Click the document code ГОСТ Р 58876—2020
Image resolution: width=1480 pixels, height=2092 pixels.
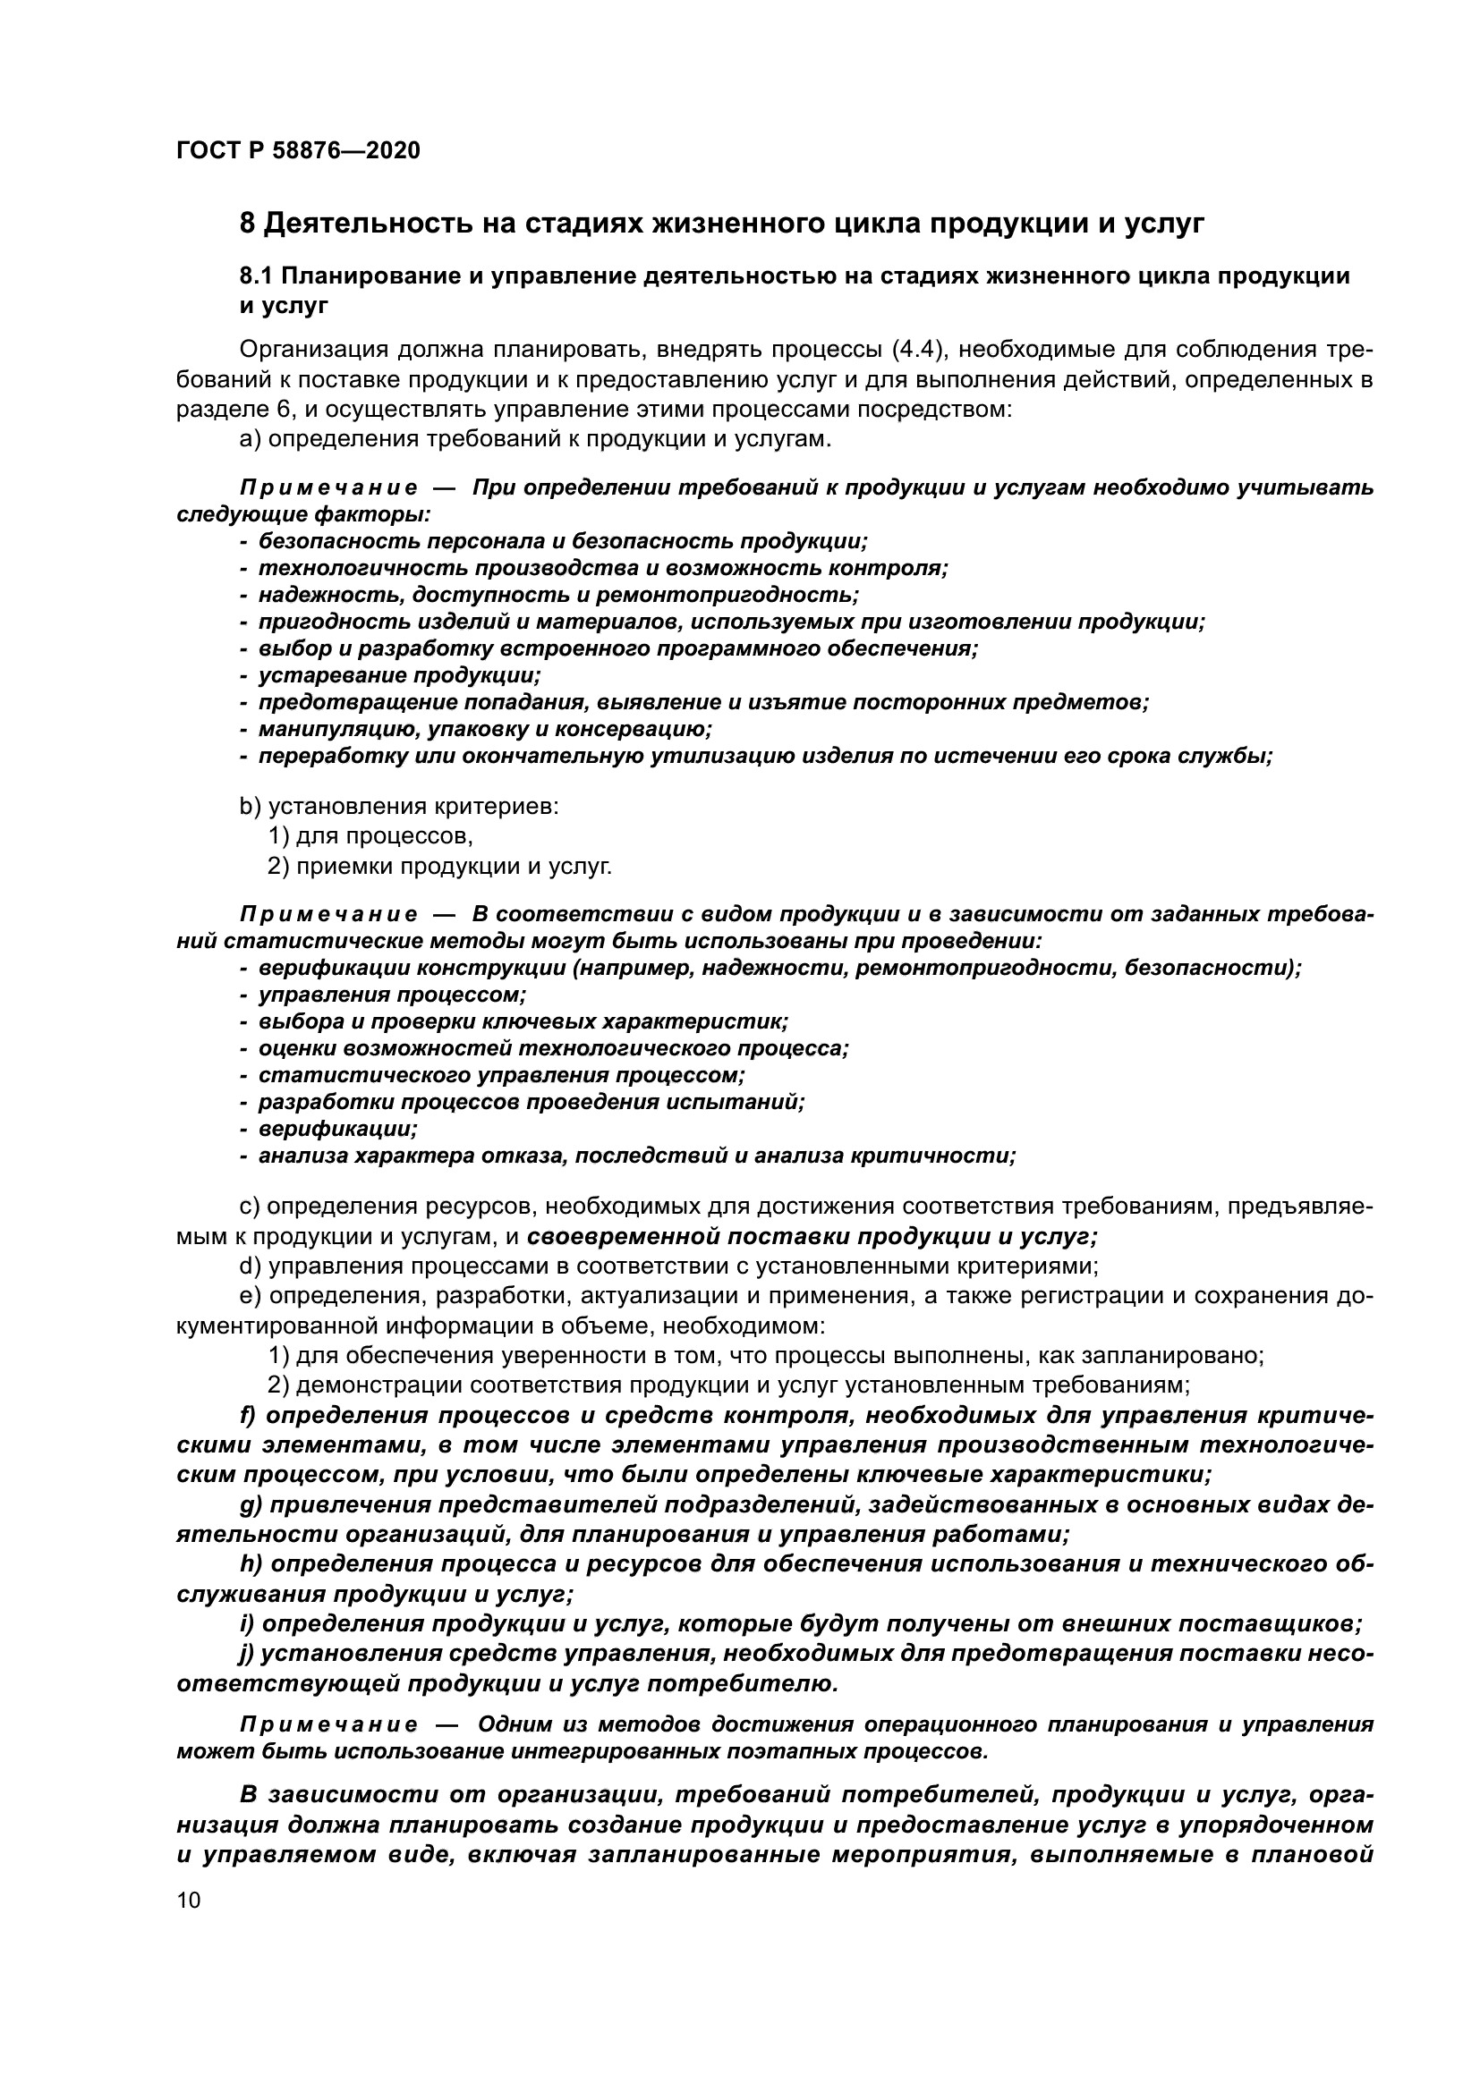298,150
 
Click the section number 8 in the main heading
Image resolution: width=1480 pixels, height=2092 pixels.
247,223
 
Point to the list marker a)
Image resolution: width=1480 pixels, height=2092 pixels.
250,439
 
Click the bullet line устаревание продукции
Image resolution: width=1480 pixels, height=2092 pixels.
399,676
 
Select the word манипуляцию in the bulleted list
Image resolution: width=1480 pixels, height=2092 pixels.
322,729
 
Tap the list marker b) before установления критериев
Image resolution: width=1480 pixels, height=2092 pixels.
250,807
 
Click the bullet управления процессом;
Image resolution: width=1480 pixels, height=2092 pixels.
393,995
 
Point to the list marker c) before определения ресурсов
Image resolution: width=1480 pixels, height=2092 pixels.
250,1207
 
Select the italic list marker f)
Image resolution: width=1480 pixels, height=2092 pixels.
248,1415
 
